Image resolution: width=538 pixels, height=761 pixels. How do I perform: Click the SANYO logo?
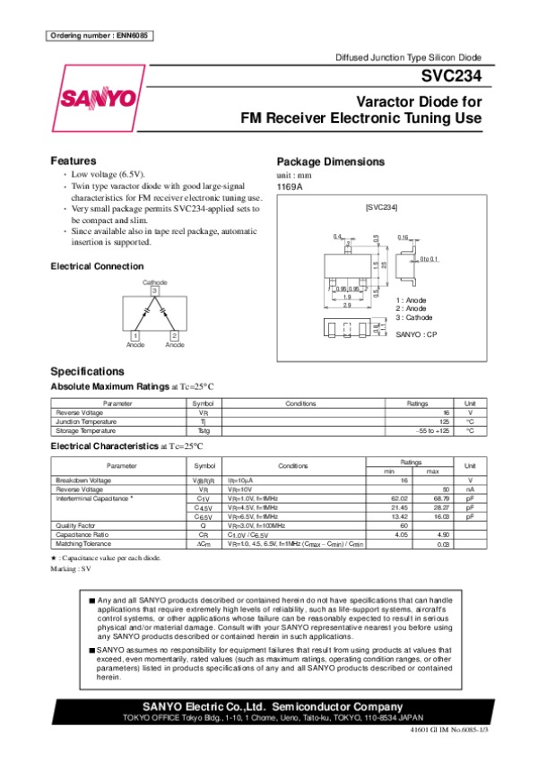[x=98, y=97]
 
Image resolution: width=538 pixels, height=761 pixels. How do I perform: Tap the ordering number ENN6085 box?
[x=99, y=35]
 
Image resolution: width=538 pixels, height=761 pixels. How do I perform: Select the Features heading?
[x=74, y=160]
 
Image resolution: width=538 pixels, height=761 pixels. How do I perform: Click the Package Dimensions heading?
[x=330, y=161]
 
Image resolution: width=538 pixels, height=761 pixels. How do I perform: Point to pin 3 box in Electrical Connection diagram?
[x=154, y=290]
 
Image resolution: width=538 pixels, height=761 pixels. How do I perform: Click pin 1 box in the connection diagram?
[x=134, y=334]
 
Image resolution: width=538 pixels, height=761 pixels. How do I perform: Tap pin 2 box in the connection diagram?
[x=174, y=334]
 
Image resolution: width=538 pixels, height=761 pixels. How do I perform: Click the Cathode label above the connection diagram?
[x=154, y=281]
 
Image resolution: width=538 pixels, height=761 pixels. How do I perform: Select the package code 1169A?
[x=290, y=186]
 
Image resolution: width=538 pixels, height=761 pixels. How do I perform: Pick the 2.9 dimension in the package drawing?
[x=346, y=306]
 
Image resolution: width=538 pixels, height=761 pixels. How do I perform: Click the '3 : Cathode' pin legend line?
[x=414, y=317]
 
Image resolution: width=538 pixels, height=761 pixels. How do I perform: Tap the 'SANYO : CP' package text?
[x=416, y=333]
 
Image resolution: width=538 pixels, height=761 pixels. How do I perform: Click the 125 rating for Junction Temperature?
[x=444, y=421]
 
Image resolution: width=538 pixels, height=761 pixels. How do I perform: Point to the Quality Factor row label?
[x=74, y=525]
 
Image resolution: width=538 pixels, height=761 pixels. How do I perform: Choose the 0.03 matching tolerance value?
[x=442, y=544]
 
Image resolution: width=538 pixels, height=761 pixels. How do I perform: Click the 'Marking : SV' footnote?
[x=71, y=568]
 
